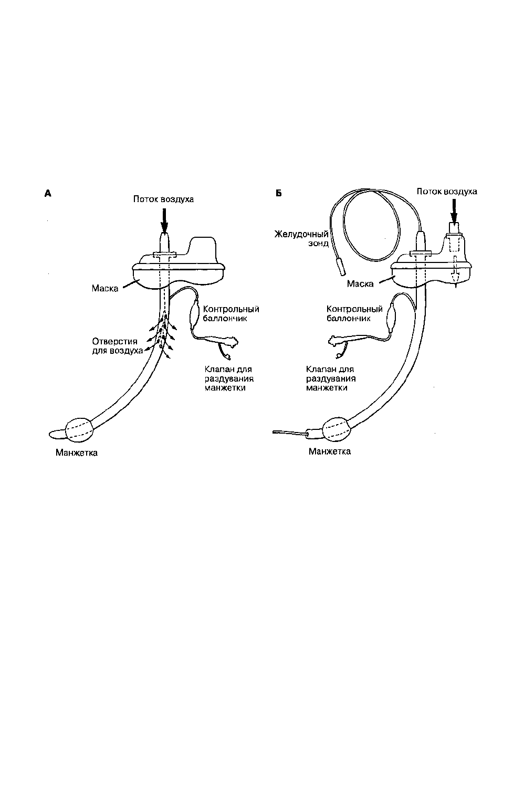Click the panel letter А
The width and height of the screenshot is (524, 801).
pos(48,194)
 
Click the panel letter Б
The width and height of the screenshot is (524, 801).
pos(279,193)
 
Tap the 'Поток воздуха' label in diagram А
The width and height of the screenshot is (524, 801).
pos(163,199)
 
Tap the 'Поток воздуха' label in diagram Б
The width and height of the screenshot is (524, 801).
pos(447,191)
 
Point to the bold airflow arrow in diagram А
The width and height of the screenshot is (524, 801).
pos(164,220)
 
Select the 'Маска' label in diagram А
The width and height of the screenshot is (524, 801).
pos(105,288)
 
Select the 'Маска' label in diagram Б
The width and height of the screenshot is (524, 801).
pos(360,283)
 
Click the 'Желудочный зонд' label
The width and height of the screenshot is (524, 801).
pos(301,238)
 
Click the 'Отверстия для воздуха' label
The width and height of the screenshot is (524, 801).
pos(118,346)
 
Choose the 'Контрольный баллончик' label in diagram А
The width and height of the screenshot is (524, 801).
pos(230,313)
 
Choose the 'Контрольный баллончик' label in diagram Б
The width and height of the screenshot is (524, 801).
pos(354,313)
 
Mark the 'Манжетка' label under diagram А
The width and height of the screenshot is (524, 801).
pos(77,452)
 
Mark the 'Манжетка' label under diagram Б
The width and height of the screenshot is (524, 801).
pos(329,451)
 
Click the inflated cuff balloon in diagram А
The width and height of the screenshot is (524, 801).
pos(79,429)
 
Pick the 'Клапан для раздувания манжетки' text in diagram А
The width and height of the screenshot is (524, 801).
pos(229,378)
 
